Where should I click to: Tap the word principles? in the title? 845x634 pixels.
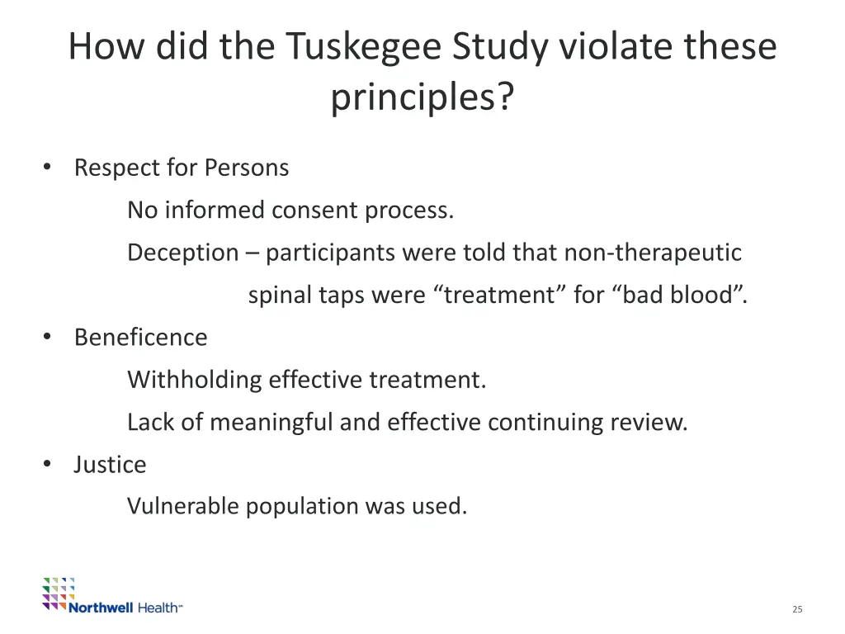click(422, 98)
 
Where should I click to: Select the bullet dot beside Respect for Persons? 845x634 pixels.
click(48, 168)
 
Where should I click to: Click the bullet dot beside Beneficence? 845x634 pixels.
click(48, 337)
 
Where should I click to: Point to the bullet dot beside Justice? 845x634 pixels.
click(48, 465)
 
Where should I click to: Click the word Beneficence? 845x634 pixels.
click(140, 337)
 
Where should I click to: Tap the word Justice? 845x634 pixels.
click(110, 465)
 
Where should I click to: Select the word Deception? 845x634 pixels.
click(182, 253)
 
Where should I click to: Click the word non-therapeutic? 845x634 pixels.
click(653, 253)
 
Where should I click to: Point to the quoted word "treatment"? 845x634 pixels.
click(496, 295)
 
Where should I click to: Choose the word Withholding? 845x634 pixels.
click(194, 380)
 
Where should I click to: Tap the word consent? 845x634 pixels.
click(316, 211)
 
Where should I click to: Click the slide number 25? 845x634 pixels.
click(796, 609)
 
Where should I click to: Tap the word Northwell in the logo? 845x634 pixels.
click(101, 608)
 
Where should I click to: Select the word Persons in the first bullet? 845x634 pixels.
click(247, 168)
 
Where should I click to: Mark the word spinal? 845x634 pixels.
click(279, 295)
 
